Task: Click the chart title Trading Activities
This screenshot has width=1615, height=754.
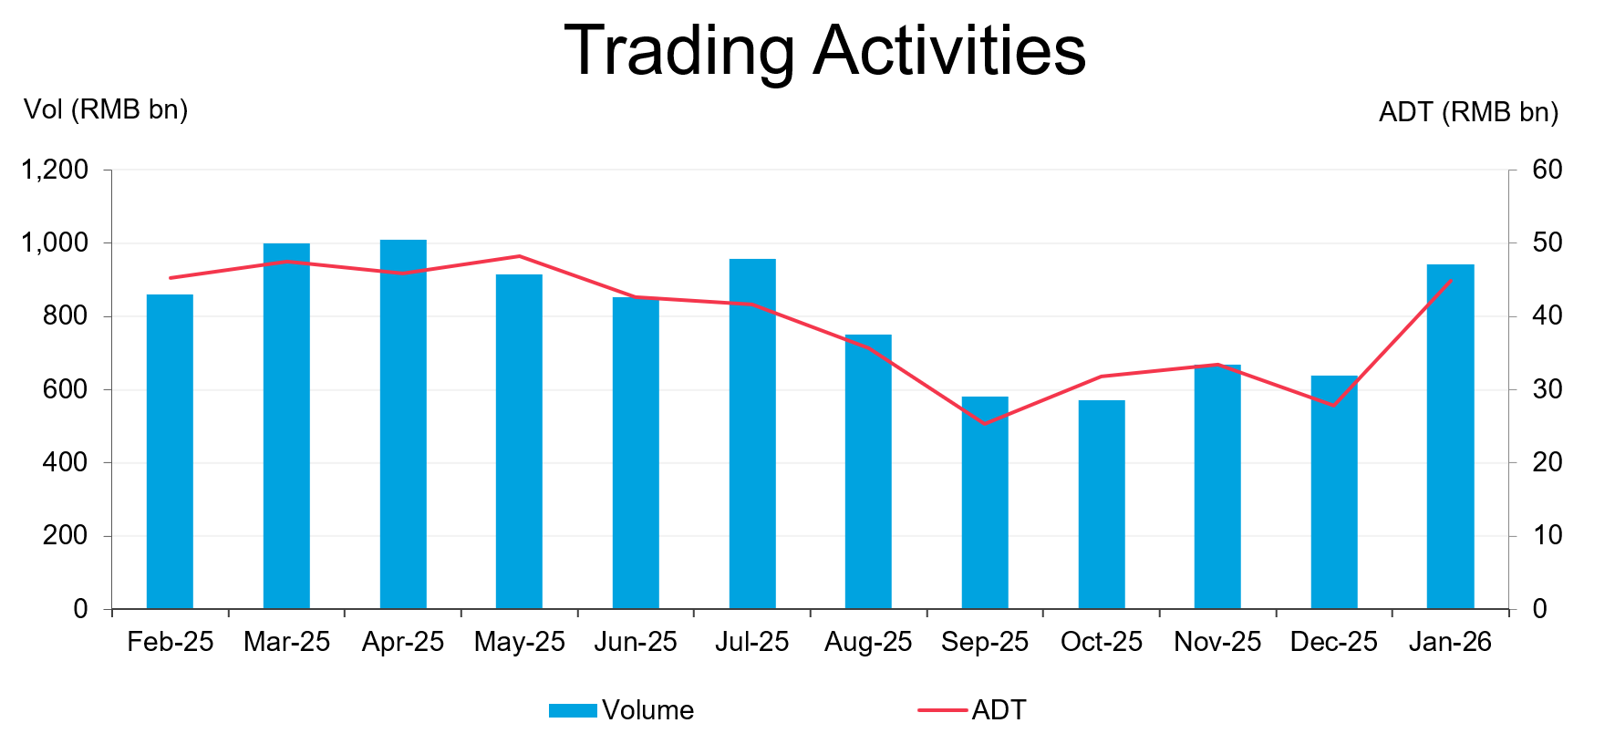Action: pyautogui.click(x=824, y=50)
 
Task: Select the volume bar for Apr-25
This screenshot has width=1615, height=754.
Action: pyautogui.click(x=403, y=424)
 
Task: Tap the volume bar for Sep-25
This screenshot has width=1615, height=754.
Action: pyautogui.click(x=985, y=502)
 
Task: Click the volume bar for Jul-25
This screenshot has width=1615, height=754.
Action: pyautogui.click(x=752, y=434)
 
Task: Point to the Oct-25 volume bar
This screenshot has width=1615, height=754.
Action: pyautogui.click(x=1102, y=504)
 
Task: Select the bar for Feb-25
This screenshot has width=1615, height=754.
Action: pyautogui.click(x=170, y=451)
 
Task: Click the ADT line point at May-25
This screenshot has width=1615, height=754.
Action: pyautogui.click(x=519, y=256)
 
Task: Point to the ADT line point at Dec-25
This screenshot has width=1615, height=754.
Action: pyautogui.click(x=1334, y=405)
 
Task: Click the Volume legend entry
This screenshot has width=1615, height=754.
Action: pyautogui.click(x=621, y=710)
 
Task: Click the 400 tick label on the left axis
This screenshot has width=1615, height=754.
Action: pyautogui.click(x=65, y=462)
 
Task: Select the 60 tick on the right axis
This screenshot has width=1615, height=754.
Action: pyautogui.click(x=1547, y=170)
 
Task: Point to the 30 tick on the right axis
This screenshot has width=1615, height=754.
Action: pyautogui.click(x=1547, y=389)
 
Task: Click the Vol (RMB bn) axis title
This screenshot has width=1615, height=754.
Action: pyautogui.click(x=106, y=110)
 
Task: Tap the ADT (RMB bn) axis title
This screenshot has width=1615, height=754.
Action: pyautogui.click(x=1468, y=112)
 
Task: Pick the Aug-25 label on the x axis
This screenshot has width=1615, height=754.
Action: pyautogui.click(x=868, y=642)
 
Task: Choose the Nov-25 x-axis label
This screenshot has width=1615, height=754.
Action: pyautogui.click(x=1217, y=642)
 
